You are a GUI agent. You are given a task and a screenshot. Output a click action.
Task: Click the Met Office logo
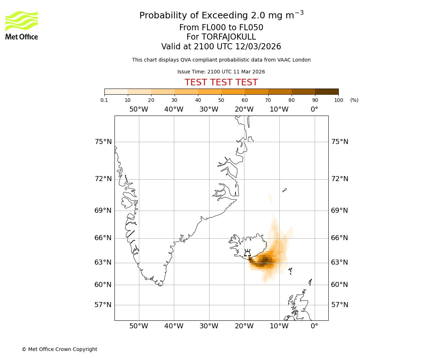pyautogui.click(x=22, y=25)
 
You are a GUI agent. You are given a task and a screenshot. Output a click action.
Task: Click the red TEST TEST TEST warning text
pyautogui.click(x=221, y=82)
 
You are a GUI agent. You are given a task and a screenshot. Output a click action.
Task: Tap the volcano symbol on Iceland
pyautogui.click(x=247, y=253)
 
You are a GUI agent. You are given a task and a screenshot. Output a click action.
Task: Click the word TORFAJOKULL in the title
pyautogui.click(x=229, y=37)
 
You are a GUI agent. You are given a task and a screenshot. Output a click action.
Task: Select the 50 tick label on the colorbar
pyautogui.click(x=221, y=100)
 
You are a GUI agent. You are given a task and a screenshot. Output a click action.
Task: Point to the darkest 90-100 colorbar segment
pyautogui.click(x=327, y=91)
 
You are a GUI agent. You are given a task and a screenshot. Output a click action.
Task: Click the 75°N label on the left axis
pyautogui.click(x=103, y=142)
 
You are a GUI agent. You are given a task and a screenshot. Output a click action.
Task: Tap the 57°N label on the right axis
pyautogui.click(x=339, y=305)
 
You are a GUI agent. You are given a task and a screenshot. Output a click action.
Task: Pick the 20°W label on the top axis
pyautogui.click(x=244, y=109)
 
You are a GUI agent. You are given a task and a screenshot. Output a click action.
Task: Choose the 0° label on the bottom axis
pyautogui.click(x=314, y=326)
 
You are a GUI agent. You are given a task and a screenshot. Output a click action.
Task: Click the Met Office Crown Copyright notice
pyautogui.click(x=59, y=349)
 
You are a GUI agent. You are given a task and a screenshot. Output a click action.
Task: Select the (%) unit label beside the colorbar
pyautogui.click(x=354, y=100)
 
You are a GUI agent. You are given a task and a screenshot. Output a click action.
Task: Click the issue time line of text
pyautogui.click(x=221, y=72)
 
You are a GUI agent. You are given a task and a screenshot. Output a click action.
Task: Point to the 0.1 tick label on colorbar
pyautogui.click(x=104, y=100)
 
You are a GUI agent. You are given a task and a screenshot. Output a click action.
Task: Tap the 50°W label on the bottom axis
pyautogui.click(x=139, y=326)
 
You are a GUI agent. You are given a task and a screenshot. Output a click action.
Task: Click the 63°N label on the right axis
pyautogui.click(x=339, y=262)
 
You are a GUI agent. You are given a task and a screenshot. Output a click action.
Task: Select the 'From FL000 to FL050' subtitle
pyautogui.click(x=221, y=28)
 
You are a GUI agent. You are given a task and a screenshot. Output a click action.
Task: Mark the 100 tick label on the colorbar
pyautogui.click(x=338, y=100)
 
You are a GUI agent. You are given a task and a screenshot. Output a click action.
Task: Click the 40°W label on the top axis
pyautogui.click(x=174, y=109)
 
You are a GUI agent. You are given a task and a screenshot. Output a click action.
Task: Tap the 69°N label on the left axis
pyautogui.click(x=103, y=211)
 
